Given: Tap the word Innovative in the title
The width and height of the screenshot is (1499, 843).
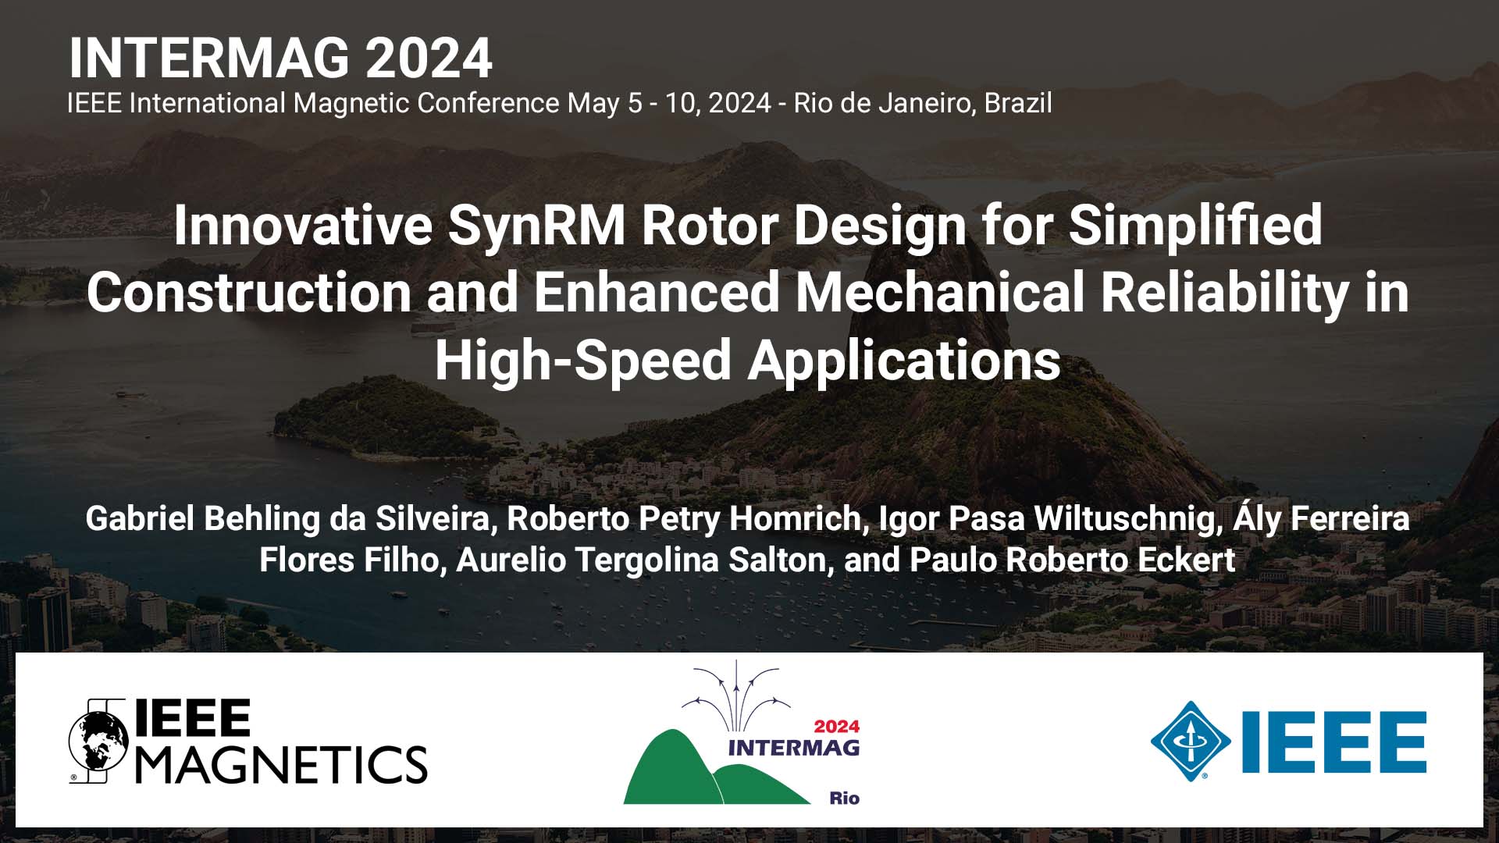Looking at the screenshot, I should coord(303,226).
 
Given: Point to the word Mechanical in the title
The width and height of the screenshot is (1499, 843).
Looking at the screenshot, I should coord(941,293).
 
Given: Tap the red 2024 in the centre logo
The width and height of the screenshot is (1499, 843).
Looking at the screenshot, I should coord(836,727).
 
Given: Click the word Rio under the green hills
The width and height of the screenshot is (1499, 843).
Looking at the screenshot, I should coord(844,798).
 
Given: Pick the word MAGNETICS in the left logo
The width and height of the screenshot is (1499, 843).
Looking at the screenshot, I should coord(282,764).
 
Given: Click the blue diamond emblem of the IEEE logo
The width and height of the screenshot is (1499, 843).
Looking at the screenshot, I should coord(1190,742).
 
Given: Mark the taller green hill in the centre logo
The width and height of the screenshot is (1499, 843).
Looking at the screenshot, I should coord(668,769).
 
